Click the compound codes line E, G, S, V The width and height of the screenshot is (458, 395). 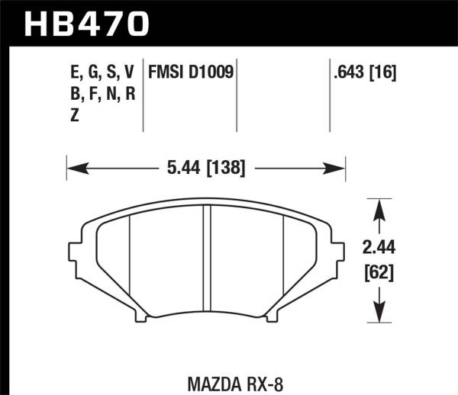(102, 72)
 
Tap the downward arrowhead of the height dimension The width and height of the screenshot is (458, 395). (375, 313)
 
